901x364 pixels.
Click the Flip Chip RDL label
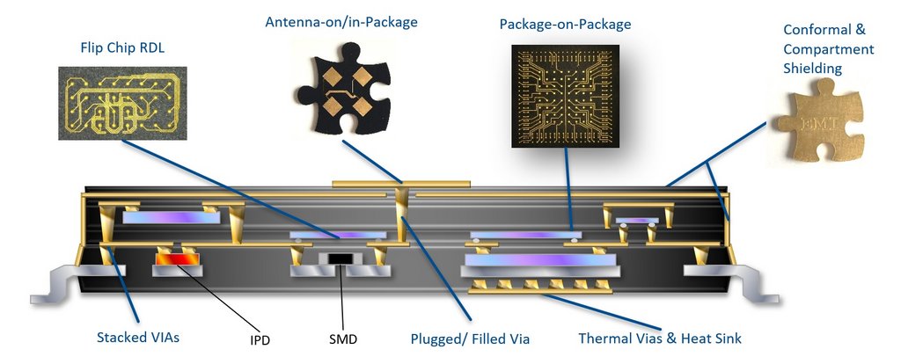[122, 48]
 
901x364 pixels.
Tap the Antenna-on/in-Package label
[341, 22]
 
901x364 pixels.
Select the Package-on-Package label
[565, 24]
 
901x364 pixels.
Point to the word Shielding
[812, 69]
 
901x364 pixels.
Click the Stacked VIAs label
[138, 337]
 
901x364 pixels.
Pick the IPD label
[260, 340]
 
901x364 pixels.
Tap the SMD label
[343, 339]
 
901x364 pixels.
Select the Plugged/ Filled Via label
[470, 339]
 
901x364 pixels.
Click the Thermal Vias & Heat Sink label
[660, 339]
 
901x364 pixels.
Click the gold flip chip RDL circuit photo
[122, 104]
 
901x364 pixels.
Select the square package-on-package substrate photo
[565, 96]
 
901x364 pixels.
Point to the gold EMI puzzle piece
[821, 121]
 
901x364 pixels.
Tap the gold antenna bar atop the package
[401, 184]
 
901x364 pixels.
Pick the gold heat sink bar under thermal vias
[539, 291]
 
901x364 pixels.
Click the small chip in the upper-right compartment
[637, 221]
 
